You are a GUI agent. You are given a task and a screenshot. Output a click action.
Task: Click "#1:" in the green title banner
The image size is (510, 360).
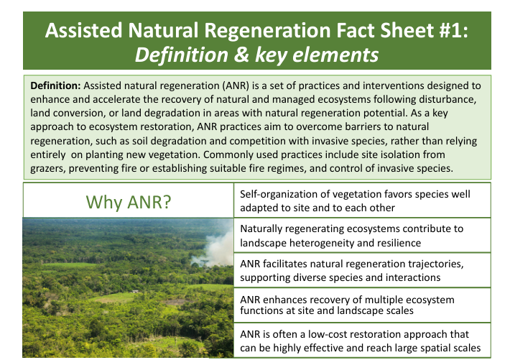[453, 30]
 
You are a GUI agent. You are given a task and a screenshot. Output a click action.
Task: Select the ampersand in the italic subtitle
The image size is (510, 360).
[241, 55]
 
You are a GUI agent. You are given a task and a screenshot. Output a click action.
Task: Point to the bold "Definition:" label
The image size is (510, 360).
[55, 86]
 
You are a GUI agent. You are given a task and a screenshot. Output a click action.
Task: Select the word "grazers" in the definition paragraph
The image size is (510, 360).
[48, 169]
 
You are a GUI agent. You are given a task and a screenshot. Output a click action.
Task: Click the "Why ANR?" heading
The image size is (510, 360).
[129, 202]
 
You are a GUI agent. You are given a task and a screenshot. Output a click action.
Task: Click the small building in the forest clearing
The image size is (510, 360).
[135, 291]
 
